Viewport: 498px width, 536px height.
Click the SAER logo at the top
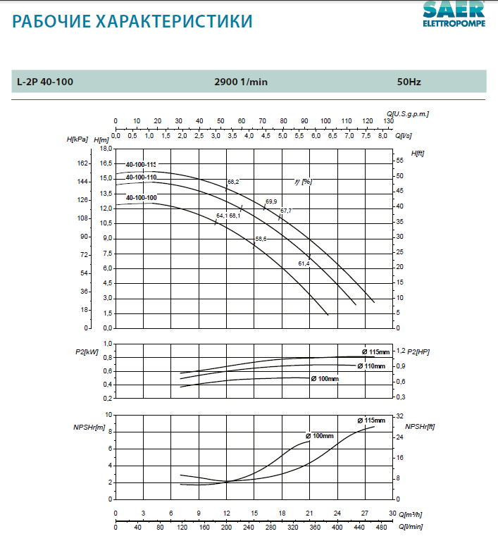pos(454,13)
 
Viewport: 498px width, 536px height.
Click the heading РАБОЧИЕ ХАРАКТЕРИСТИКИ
pos(132,22)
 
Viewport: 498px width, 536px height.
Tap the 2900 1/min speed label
pos(241,82)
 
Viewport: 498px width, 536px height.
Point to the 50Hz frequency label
pos(409,82)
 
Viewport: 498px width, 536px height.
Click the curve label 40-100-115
pos(141,164)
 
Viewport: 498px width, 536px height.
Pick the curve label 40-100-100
pos(141,198)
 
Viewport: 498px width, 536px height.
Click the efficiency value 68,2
pos(233,182)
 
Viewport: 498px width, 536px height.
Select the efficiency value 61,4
pos(304,263)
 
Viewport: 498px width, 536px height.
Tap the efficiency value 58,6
pos(261,239)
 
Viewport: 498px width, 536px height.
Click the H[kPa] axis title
pos(77,139)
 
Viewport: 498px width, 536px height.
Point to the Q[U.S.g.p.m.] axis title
pos(408,113)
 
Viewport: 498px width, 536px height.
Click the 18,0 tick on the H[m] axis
pos(106,149)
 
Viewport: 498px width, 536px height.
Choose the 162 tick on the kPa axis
pos(82,163)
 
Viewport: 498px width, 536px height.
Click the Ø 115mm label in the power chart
pos(375,351)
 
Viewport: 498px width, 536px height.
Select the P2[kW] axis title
pos(87,351)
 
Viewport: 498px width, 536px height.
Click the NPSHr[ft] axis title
pos(421,426)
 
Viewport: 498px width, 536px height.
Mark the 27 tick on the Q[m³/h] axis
pos(365,513)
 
